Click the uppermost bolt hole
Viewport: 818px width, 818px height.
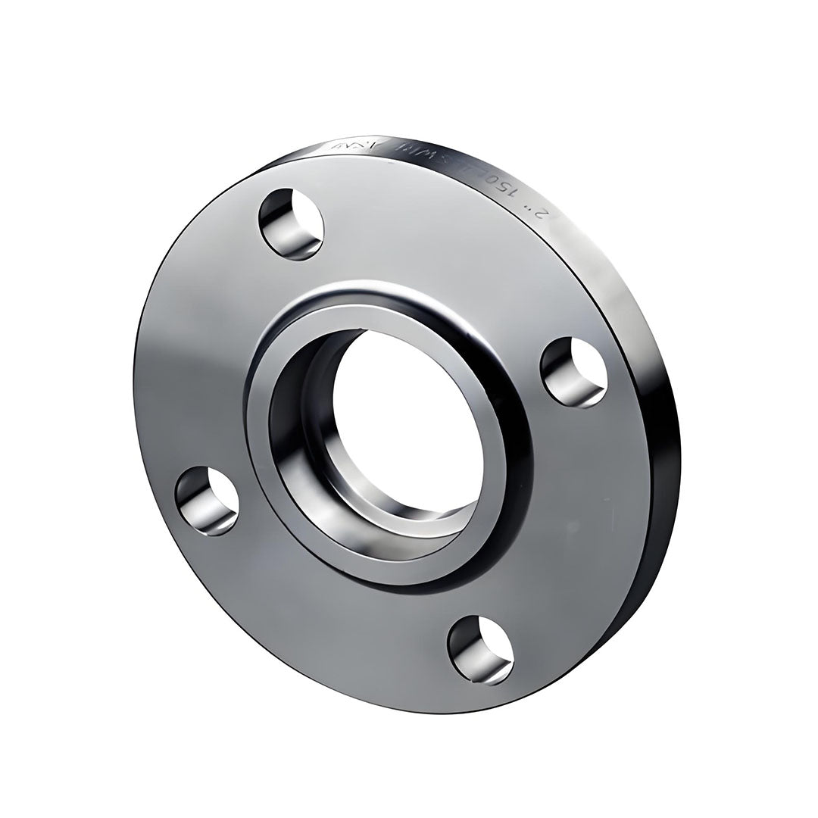click(x=291, y=224)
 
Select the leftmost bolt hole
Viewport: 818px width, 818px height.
click(x=207, y=501)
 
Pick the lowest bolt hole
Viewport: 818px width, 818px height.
click(x=480, y=649)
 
